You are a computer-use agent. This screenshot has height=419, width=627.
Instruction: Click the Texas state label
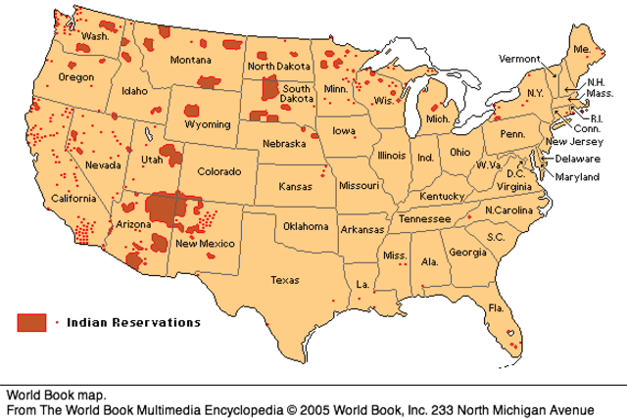pyautogui.click(x=284, y=280)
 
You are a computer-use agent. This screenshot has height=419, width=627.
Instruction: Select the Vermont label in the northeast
pyautogui.click(x=519, y=59)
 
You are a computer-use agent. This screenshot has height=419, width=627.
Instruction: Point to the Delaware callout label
pyautogui.click(x=577, y=158)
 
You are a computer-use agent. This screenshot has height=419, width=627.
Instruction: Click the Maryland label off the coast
pyautogui.click(x=577, y=178)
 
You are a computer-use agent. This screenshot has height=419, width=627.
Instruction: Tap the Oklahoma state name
pyautogui.click(x=306, y=226)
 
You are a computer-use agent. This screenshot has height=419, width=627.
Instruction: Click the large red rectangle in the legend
pyautogui.click(x=32, y=321)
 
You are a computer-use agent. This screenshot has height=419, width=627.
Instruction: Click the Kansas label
pyautogui.click(x=295, y=186)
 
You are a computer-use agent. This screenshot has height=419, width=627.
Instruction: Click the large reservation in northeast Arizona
pyautogui.click(x=164, y=209)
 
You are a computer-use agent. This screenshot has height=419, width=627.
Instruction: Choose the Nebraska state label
pyautogui.click(x=287, y=144)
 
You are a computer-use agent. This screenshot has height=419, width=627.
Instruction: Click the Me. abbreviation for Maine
pyautogui.click(x=582, y=48)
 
